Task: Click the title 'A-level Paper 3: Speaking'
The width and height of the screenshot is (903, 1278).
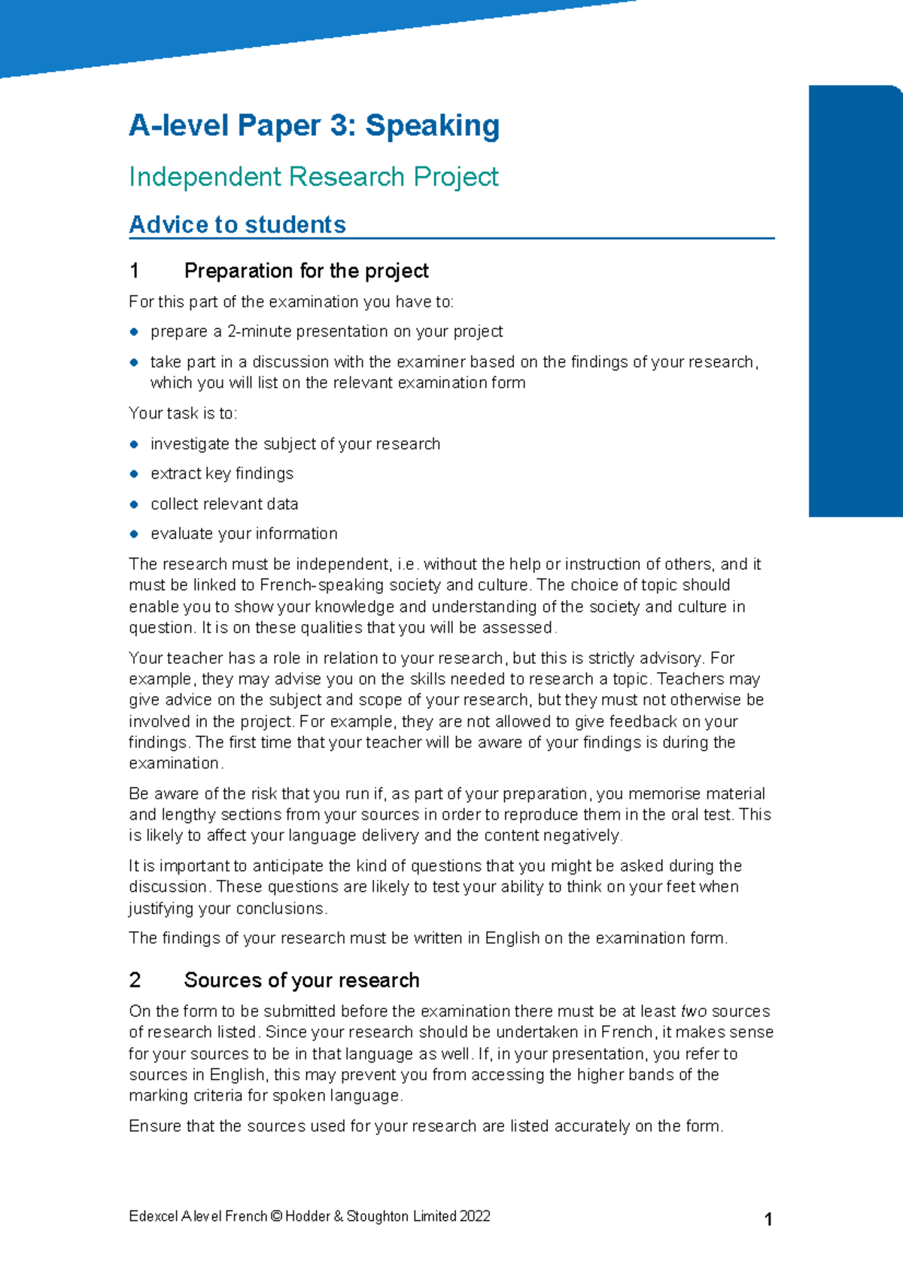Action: click(314, 126)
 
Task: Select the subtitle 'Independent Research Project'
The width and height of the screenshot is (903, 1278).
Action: click(313, 177)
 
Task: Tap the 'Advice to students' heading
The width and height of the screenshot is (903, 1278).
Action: click(237, 224)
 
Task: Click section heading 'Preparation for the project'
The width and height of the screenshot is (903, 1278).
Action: click(306, 270)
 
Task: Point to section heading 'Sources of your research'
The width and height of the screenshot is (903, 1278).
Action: click(302, 980)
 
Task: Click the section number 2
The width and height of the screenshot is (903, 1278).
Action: click(135, 980)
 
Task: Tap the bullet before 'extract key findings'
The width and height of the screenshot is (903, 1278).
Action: click(134, 474)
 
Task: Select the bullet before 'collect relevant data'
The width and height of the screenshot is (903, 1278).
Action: click(134, 504)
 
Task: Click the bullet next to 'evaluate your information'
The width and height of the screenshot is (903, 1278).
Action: click(134, 534)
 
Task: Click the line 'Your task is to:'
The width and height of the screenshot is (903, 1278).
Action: click(183, 413)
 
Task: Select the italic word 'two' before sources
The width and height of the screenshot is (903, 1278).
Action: click(693, 1012)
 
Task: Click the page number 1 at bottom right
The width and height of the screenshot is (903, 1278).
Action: click(768, 1220)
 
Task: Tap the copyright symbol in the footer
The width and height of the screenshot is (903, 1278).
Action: click(275, 1216)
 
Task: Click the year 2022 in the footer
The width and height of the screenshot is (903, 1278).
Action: click(475, 1216)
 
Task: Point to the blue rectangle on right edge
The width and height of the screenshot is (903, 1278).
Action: click(855, 301)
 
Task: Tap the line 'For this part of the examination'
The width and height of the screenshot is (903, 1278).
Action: click(291, 302)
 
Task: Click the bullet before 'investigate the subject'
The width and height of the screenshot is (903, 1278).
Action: click(134, 444)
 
